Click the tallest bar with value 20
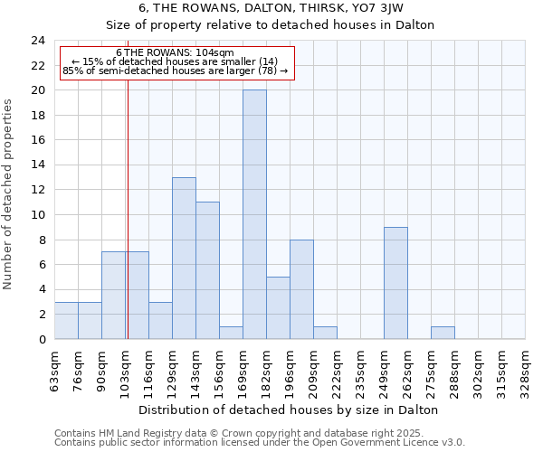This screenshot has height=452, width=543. (x=254, y=214)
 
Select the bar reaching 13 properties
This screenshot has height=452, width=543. (x=184, y=258)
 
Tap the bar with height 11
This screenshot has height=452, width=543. (x=207, y=270)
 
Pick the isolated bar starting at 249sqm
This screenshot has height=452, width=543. (x=395, y=283)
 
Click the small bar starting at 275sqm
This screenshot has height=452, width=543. (x=443, y=333)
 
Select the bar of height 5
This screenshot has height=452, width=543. (x=278, y=307)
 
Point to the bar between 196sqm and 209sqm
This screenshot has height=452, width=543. (x=301, y=289)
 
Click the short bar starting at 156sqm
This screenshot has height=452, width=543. (x=231, y=333)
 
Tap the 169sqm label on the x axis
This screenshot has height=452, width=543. (x=243, y=368)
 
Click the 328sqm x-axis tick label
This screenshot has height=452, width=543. (x=525, y=368)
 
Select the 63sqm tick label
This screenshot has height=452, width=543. (x=54, y=368)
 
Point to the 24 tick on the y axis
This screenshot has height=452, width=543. (x=38, y=41)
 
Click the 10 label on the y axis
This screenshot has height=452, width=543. (x=38, y=215)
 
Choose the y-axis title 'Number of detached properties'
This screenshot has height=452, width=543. (x=9, y=195)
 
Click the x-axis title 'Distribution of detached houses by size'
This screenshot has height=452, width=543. (x=290, y=410)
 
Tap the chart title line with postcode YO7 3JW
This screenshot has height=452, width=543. (x=290, y=8)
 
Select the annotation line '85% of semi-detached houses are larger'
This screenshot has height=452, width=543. (x=176, y=71)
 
